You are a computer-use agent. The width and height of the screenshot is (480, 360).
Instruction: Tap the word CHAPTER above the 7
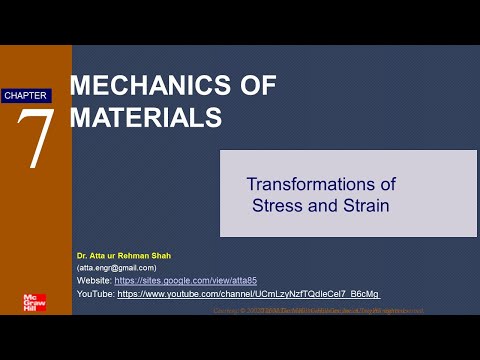25,95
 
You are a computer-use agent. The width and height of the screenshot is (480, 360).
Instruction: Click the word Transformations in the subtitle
321,185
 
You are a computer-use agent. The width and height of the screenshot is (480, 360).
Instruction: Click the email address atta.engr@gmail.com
117,268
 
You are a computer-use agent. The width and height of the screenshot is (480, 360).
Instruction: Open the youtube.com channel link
248,294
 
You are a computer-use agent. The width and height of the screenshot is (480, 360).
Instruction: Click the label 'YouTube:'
96,294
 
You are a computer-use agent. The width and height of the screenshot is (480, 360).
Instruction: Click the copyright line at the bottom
319,310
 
